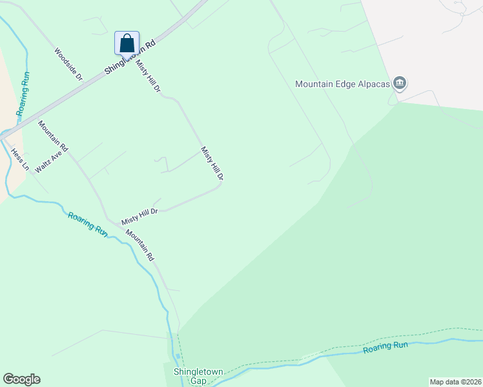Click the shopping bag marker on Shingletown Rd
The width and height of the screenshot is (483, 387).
pos(127,43)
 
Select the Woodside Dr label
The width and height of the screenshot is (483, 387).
pos(68,64)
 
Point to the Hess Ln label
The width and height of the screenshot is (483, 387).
pos(20,159)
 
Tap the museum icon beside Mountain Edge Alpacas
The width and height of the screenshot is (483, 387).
pos(400,83)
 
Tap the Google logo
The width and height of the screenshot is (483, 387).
pos(21,379)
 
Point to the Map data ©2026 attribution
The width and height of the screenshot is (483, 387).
pos(455,382)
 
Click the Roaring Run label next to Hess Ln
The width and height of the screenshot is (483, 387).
pos(24,94)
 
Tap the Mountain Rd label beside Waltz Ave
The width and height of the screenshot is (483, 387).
pos(53,136)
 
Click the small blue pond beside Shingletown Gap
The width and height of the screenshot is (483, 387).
pos(178,356)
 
